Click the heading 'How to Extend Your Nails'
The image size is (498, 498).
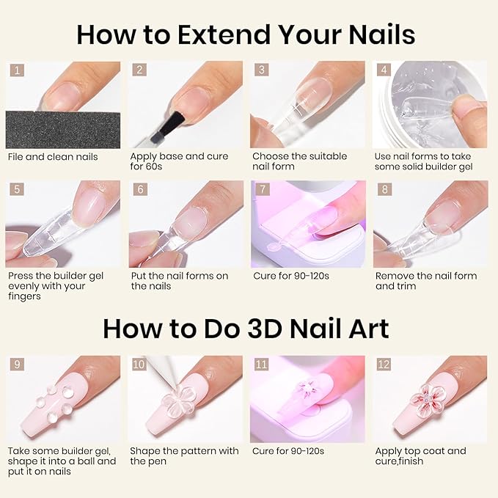point(246,34)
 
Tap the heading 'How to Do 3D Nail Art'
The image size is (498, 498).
point(246,328)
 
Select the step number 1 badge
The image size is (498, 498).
point(17,71)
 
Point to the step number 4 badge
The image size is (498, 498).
point(384,71)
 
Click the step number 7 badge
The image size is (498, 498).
point(262,190)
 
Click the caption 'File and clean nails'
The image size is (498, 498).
point(53,156)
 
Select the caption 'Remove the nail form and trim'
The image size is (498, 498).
point(425,281)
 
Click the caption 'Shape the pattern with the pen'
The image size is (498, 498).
point(184,455)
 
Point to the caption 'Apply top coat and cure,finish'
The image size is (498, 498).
point(420,455)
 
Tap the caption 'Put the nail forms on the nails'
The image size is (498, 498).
point(180,281)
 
